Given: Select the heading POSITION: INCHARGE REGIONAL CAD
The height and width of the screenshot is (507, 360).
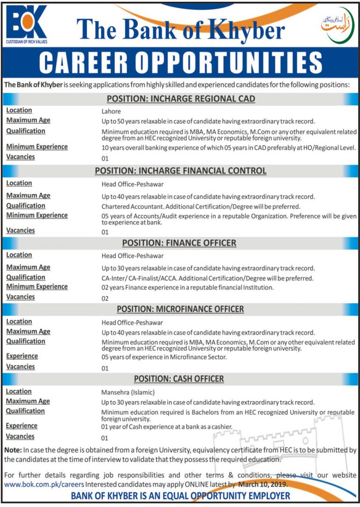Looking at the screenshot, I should [x=181, y=99].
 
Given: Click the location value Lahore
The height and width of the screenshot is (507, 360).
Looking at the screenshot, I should [x=111, y=112].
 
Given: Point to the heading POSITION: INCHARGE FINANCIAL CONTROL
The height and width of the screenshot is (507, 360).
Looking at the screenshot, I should [x=181, y=171].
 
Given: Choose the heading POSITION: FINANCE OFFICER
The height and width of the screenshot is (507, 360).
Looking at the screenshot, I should [x=180, y=243].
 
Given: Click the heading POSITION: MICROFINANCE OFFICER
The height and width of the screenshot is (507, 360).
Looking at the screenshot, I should [x=180, y=309].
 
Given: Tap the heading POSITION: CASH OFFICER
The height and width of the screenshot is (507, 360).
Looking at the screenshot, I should [x=179, y=379].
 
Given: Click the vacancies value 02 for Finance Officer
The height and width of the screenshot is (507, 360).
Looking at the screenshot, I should [x=105, y=298].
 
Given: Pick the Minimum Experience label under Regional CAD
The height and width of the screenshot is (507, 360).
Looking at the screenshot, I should [x=37, y=147].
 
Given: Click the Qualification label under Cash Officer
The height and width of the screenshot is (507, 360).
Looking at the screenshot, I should [x=25, y=411].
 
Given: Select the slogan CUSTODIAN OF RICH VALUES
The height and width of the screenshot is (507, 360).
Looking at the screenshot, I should [x=27, y=42].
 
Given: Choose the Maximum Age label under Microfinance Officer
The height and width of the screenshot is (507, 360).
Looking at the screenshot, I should [x=28, y=331].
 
